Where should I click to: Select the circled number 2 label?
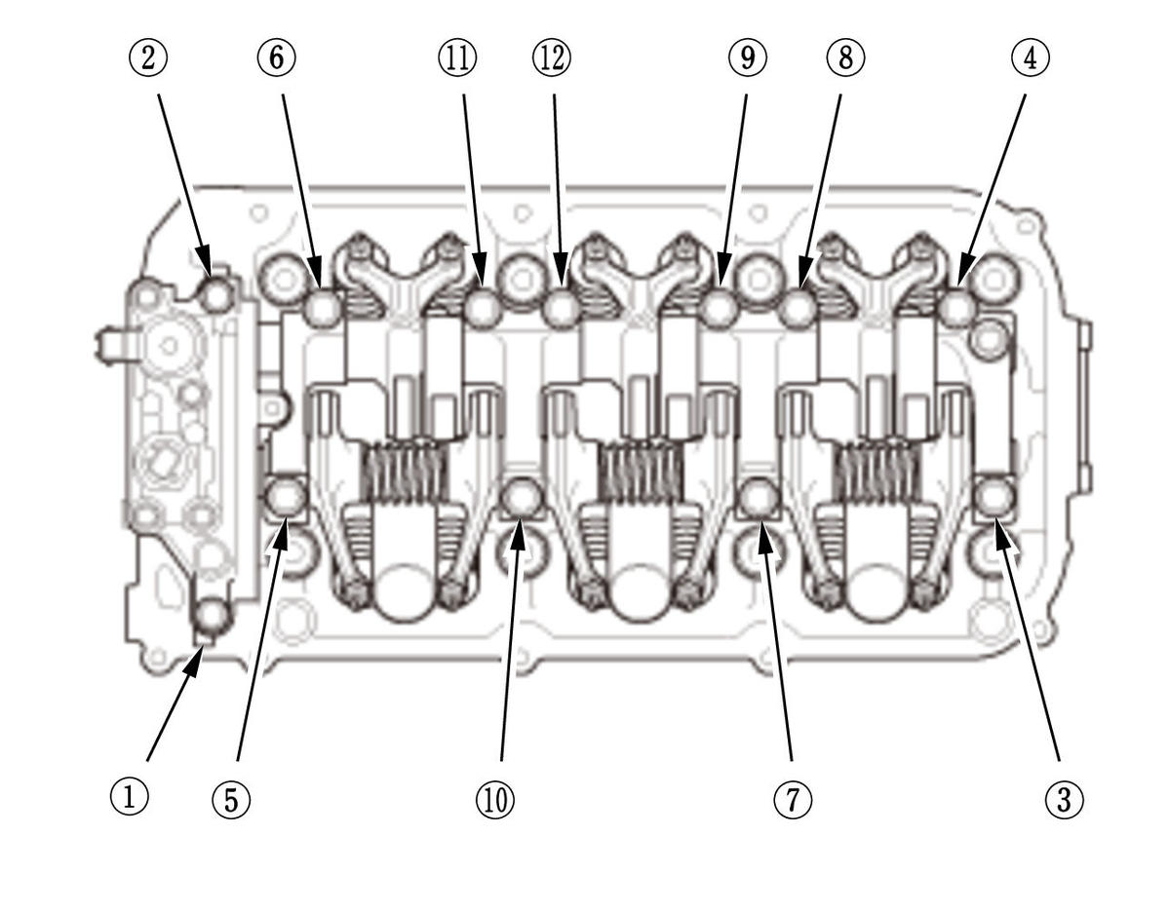pyautogui.click(x=147, y=57)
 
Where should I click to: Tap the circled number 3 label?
pyautogui.click(x=1064, y=800)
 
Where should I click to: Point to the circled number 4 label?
pyautogui.click(x=1030, y=57)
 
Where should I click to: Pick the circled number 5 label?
pyautogui.click(x=231, y=800)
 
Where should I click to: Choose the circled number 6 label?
pyautogui.click(x=277, y=57)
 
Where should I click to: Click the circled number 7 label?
pyautogui.click(x=792, y=800)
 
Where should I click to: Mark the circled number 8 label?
pyautogui.click(x=844, y=57)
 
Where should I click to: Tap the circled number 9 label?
pyautogui.click(x=747, y=57)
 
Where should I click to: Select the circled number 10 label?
pyautogui.click(x=494, y=800)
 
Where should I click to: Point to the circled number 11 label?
pyautogui.click(x=456, y=57)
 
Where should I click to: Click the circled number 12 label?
pyautogui.click(x=551, y=57)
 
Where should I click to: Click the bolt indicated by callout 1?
pyautogui.click(x=212, y=616)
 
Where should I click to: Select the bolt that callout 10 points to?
pyautogui.click(x=523, y=497)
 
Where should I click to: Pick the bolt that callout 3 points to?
pyautogui.click(x=994, y=496)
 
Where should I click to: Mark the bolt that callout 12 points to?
pyautogui.click(x=561, y=308)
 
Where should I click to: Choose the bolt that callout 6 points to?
pyautogui.click(x=323, y=308)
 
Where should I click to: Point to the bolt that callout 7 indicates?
pyautogui.click(x=760, y=497)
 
